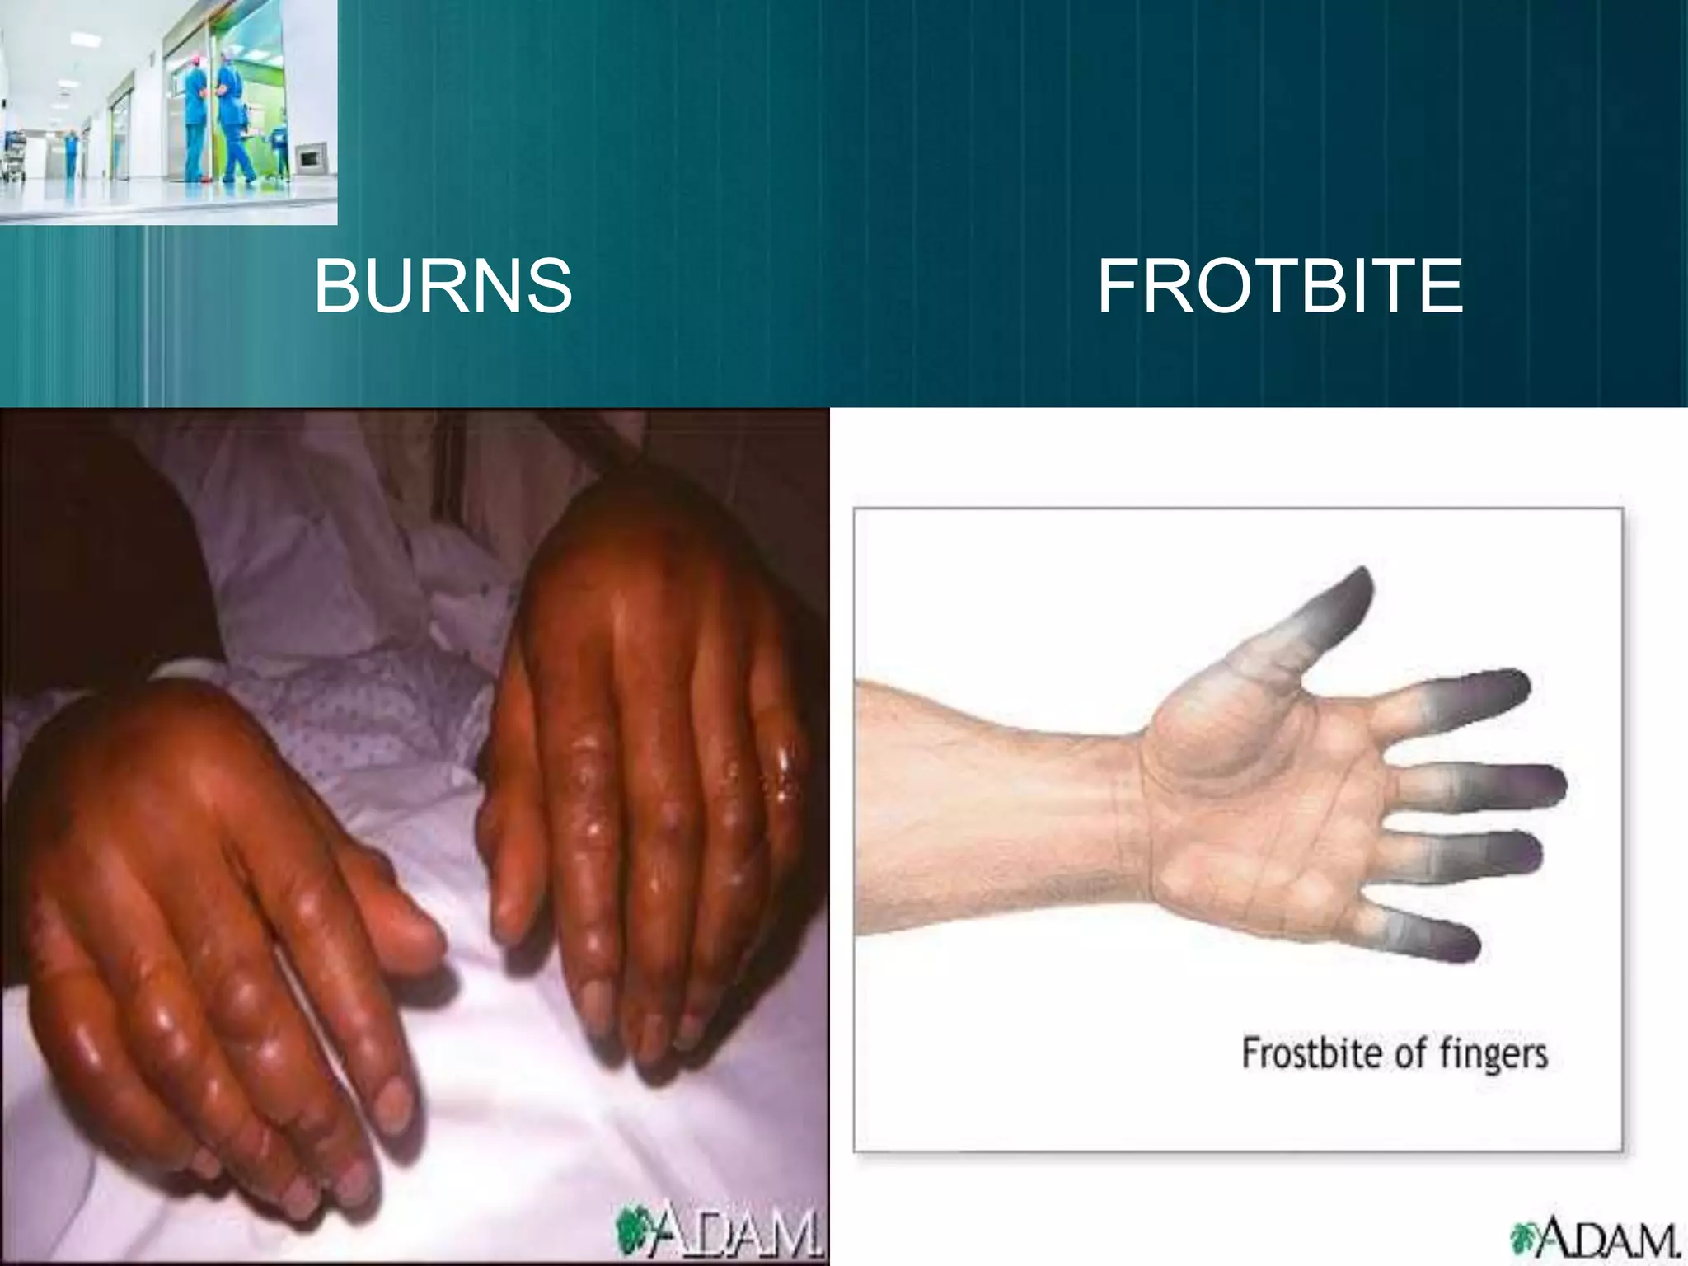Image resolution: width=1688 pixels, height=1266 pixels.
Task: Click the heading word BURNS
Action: (443, 287)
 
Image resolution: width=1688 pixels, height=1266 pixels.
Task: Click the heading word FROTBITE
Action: (1279, 287)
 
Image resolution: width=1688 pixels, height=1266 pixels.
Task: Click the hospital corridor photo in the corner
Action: (168, 111)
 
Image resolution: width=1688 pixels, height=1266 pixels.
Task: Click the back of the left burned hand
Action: (165, 791)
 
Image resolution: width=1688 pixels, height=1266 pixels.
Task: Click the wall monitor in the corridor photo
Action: (311, 155)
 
